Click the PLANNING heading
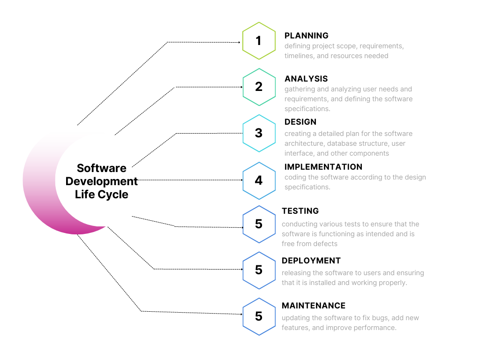(307, 36)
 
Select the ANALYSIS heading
(306, 79)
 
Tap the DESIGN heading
(300, 122)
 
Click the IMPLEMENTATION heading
(323, 167)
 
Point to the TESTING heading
(300, 211)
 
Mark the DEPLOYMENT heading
(311, 261)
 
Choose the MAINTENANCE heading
(314, 306)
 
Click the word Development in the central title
(102, 181)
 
